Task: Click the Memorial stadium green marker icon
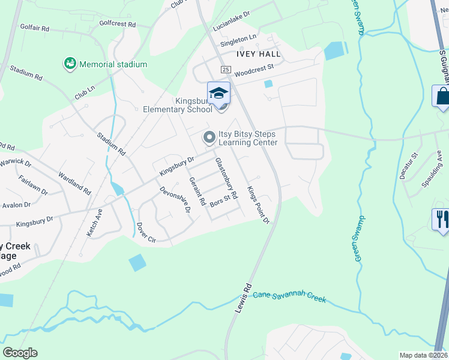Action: [x=70, y=63]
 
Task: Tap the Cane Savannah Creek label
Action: [x=289, y=295]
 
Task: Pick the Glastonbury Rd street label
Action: [x=227, y=178]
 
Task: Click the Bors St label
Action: [x=220, y=200]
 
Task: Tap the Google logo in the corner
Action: [x=20, y=353]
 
